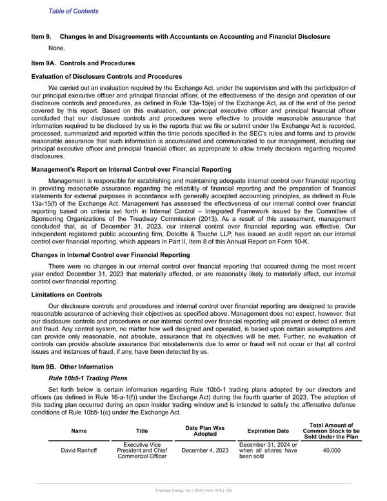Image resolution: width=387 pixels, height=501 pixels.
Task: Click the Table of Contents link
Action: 74,11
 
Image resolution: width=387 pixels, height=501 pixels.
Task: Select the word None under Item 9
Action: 57,48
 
